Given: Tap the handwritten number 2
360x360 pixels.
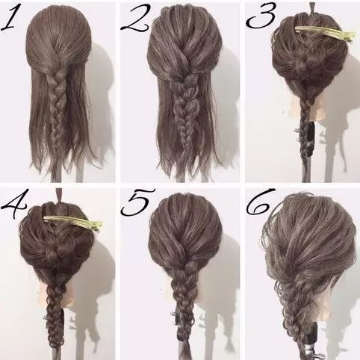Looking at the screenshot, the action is coord(136,19).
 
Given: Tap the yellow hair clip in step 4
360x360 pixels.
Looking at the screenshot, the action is coord(73,223).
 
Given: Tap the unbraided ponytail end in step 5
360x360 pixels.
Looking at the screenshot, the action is coord(185,350).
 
